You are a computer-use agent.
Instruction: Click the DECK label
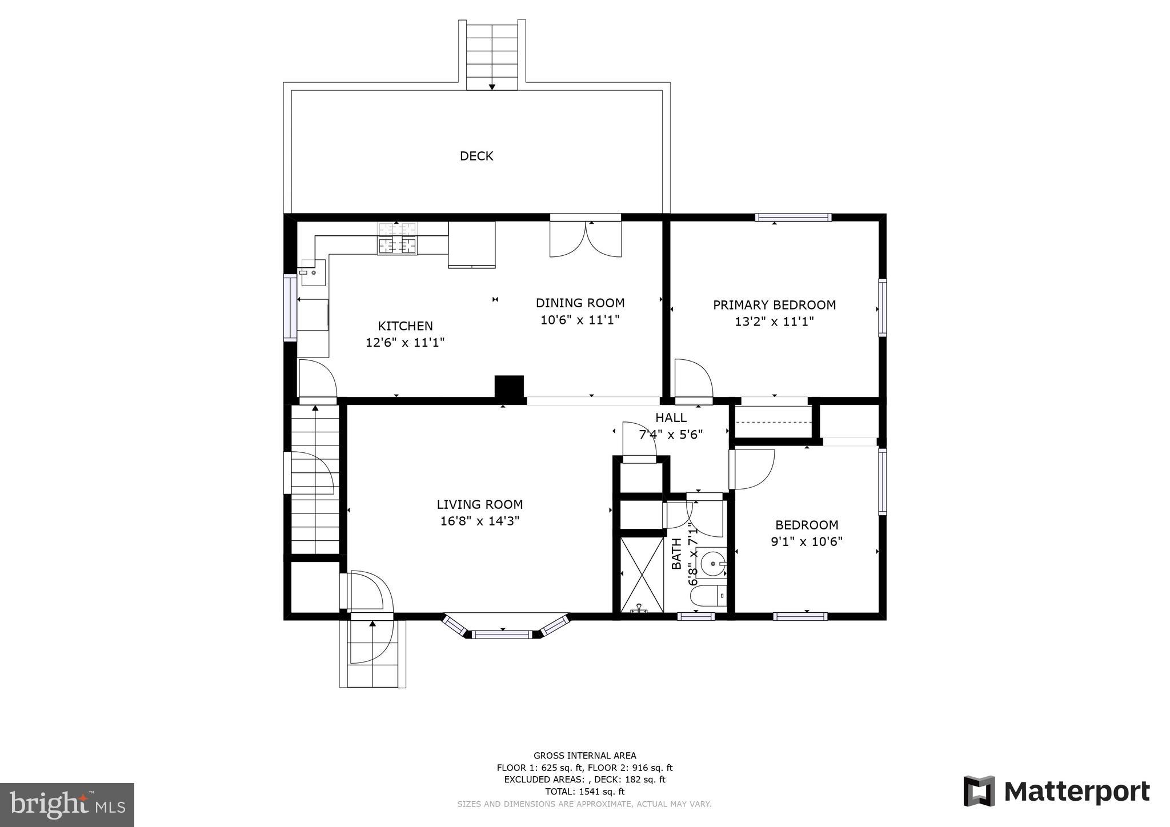[x=476, y=156]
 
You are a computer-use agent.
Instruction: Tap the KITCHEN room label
[x=405, y=326]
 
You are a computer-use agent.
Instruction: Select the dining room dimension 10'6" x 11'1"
[x=580, y=320]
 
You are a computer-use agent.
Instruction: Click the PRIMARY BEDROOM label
[x=774, y=305]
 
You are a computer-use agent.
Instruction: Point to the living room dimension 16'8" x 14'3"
[x=479, y=521]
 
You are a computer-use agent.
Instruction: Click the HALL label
[x=671, y=417]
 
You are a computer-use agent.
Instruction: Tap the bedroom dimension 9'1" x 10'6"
[x=807, y=541]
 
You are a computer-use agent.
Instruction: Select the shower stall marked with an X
[x=642, y=574]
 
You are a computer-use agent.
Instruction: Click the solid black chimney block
[x=508, y=386]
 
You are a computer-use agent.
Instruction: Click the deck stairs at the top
[x=491, y=55]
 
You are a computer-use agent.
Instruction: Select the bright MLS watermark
[x=67, y=805]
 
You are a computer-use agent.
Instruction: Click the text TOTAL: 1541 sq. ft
[x=584, y=792]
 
